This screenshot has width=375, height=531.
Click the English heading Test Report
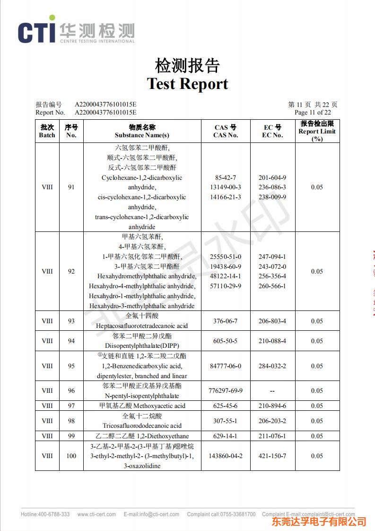pos(187,84)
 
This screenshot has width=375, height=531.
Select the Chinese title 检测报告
pos(187,65)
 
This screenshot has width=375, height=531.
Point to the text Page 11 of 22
pos(312,113)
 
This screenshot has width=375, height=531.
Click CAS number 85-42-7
pos(225,177)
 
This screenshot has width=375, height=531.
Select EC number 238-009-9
pos(272,197)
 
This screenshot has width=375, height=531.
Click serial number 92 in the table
pos(71,271)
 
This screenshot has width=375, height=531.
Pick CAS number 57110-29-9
pos(225,286)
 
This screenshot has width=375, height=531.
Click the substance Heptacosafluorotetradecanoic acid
pos(142,326)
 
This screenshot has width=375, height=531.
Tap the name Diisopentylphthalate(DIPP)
pos(142,345)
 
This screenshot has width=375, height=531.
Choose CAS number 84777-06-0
pos(225,366)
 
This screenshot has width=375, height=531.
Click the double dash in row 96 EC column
pos(272,391)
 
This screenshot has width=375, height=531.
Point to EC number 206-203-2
pos(272,421)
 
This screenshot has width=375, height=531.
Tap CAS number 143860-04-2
pos(225,456)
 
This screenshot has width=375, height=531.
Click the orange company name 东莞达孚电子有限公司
pos(319,522)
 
